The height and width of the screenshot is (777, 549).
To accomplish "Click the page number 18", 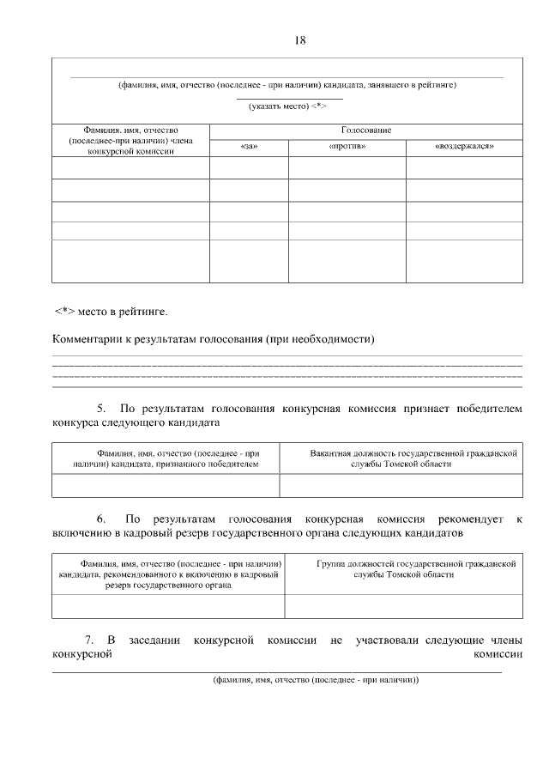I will point(299,40).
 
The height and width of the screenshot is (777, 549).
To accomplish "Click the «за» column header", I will point(250,147).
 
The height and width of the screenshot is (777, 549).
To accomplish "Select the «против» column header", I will point(347,147).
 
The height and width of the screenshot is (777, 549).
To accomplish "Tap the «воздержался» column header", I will point(464,147).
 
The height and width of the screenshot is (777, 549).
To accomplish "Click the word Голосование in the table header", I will point(366,130).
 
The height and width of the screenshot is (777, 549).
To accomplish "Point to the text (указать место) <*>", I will point(288,106).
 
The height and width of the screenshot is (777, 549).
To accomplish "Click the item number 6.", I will point(101,519).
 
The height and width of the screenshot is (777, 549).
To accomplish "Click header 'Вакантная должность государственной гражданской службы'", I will point(401,458).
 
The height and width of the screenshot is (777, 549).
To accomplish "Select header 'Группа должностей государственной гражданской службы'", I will point(403,570).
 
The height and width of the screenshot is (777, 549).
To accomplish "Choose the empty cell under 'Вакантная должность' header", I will point(401,485).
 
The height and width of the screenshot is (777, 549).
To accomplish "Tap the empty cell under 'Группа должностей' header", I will point(403,606).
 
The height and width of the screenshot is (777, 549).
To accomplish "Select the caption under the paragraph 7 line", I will point(316,679).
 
